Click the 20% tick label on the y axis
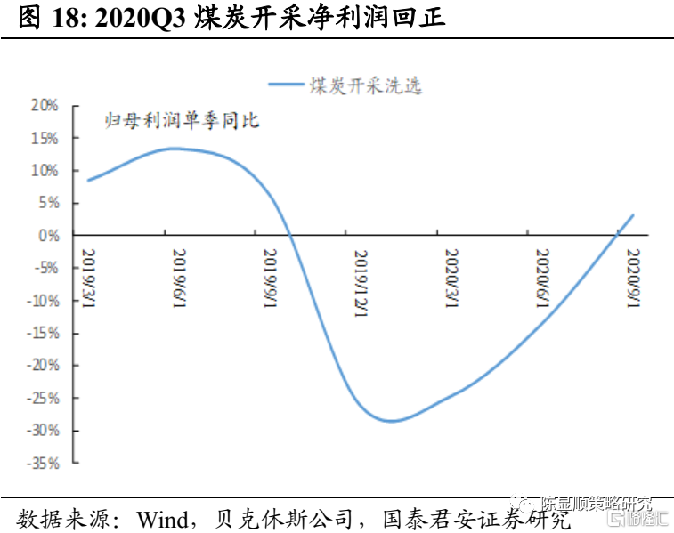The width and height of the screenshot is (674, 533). pos(45,105)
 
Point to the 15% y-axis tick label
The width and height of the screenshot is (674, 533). pos(45,138)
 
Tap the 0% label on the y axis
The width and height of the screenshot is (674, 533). pos(49,236)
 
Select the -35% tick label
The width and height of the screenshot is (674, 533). pos(41,464)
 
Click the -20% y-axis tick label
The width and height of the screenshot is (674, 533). pos(41,366)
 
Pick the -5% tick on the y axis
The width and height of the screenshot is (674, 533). pos(45,268)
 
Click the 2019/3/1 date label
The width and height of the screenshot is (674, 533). pos(90,278)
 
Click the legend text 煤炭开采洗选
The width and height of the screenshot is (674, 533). pos(365,85)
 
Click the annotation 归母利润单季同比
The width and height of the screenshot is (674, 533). pos(182,120)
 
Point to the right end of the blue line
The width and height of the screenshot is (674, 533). pos(633,214)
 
